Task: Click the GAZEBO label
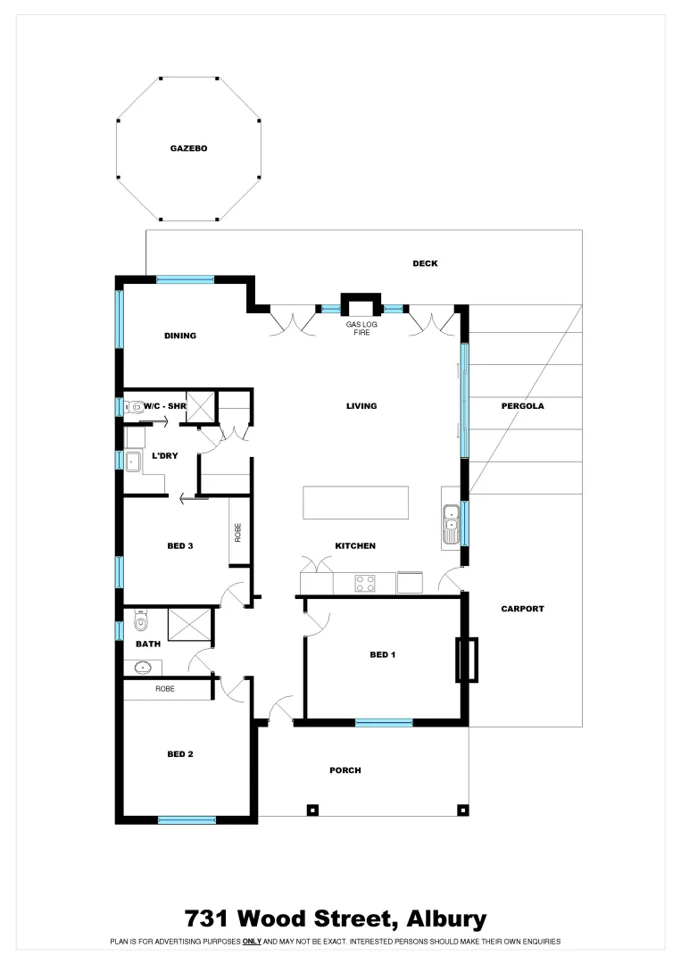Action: click(188, 148)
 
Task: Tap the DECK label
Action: click(425, 263)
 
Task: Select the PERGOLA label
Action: click(522, 406)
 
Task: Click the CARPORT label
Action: click(522, 609)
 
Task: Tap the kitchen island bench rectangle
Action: click(355, 503)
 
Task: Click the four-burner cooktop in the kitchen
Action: click(366, 584)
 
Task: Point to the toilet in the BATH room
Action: click(139, 619)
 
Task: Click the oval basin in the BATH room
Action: click(143, 667)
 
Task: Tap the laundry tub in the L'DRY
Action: click(132, 461)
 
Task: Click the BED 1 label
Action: click(382, 655)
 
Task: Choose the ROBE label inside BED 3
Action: click(238, 533)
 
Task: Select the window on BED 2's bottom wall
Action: click(187, 819)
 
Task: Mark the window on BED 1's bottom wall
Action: click(384, 722)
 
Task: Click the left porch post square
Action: click(312, 810)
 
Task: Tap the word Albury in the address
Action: click(446, 918)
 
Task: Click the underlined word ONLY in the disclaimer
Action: click(252, 942)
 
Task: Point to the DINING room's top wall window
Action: click(186, 279)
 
